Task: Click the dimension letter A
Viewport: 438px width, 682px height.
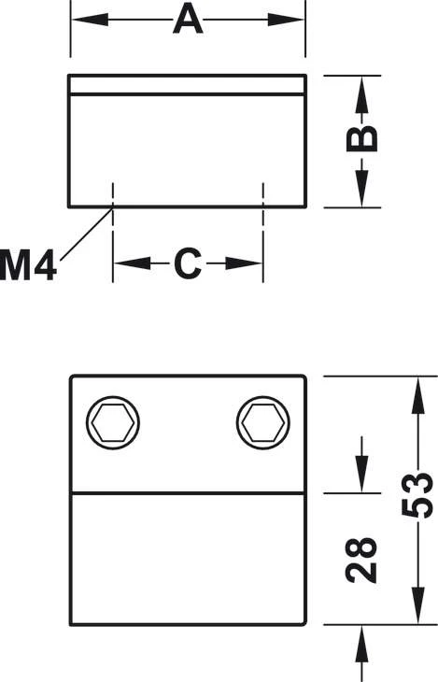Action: click(x=188, y=19)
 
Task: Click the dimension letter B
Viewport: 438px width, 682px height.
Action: click(x=361, y=139)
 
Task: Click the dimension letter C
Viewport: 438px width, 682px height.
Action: click(x=188, y=263)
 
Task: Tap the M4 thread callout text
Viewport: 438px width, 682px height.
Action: click(x=28, y=265)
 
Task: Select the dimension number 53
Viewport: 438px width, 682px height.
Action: click(x=417, y=494)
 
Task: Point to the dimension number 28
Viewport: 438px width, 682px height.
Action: click(x=361, y=561)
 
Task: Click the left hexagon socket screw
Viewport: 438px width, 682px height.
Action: click(x=113, y=422)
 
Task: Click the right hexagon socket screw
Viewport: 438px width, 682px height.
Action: click(x=263, y=422)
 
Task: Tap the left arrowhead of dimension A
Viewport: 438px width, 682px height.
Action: click(x=89, y=20)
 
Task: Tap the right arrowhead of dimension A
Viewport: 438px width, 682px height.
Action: click(x=286, y=20)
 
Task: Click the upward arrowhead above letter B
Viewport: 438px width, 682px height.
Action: click(x=361, y=95)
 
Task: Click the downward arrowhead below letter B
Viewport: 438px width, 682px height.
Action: click(x=361, y=188)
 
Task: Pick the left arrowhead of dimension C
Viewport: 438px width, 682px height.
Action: click(x=132, y=263)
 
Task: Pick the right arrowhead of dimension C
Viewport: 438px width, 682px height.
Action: click(x=244, y=263)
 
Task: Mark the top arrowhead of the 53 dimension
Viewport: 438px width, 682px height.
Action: click(x=417, y=395)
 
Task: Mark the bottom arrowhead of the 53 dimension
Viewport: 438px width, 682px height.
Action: click(x=417, y=605)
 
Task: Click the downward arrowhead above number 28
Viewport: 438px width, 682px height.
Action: click(x=361, y=474)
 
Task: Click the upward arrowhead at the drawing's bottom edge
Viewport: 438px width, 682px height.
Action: click(x=361, y=645)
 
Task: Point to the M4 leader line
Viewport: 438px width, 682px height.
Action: click(x=86, y=234)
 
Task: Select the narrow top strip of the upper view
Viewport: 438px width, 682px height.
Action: click(x=188, y=84)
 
